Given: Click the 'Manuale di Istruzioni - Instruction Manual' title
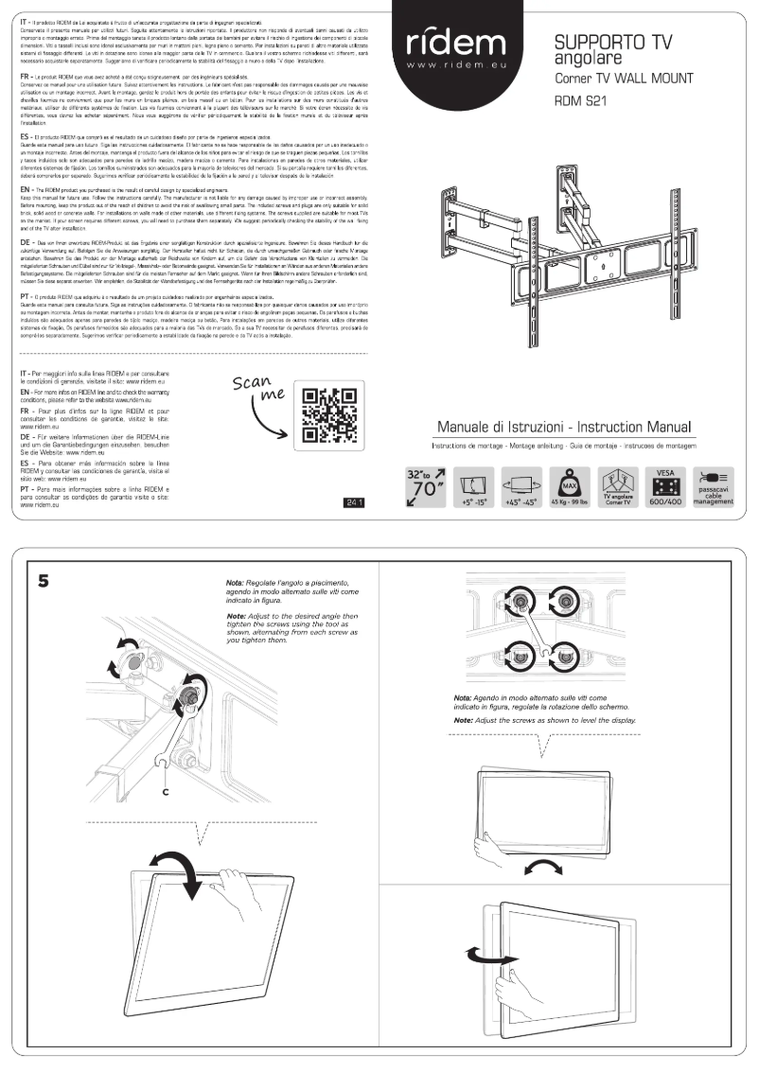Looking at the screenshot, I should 565,426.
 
